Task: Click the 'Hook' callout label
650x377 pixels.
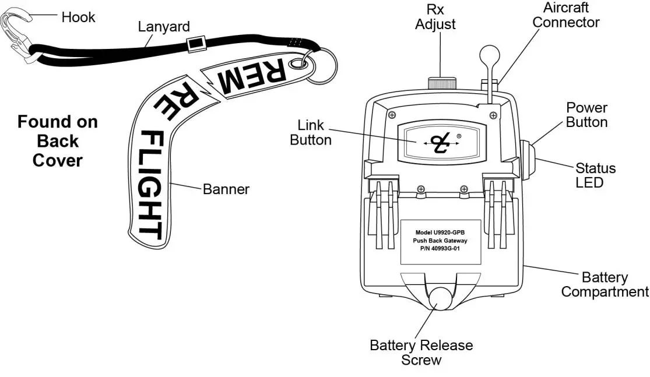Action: tap(78, 17)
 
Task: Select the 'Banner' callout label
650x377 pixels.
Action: tap(226, 189)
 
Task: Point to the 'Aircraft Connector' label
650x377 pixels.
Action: tap(566, 15)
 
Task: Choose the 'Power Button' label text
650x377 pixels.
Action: tap(586, 115)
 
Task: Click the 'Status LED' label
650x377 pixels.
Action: tap(595, 175)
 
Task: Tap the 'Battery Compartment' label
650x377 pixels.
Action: tap(605, 284)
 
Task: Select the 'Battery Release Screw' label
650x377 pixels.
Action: tap(421, 353)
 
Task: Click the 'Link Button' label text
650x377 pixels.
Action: tap(311, 133)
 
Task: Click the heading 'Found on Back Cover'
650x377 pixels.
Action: tap(57, 141)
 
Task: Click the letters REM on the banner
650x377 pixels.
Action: tap(252, 77)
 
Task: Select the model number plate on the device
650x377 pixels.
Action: tap(440, 242)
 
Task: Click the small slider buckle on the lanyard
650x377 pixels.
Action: tap(195, 43)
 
